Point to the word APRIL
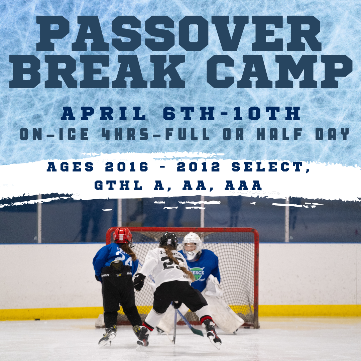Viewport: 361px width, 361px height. (104, 114)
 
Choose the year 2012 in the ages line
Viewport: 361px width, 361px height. (199, 167)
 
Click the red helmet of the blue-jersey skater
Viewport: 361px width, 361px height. (123, 235)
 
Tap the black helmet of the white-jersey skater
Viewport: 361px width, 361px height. (169, 240)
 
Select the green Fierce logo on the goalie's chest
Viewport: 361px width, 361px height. (198, 273)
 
